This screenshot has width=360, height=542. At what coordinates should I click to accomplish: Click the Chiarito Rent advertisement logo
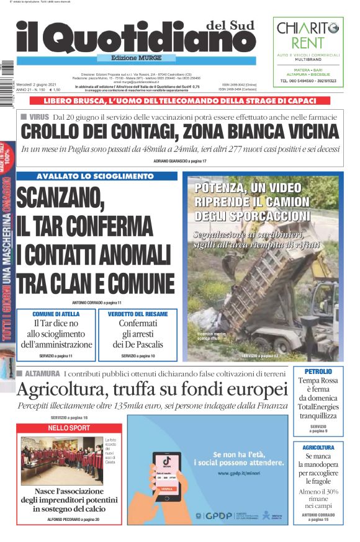(308, 35)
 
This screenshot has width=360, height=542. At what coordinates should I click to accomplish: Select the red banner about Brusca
(179, 100)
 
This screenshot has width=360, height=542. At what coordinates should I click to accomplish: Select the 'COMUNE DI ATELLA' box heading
(56, 314)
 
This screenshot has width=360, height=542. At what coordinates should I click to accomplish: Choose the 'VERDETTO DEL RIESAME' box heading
(137, 314)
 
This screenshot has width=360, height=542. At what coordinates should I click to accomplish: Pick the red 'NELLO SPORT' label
(69, 428)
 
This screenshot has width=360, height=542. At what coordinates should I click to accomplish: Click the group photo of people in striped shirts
(62, 461)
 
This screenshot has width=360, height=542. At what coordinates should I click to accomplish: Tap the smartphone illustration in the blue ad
(167, 478)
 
